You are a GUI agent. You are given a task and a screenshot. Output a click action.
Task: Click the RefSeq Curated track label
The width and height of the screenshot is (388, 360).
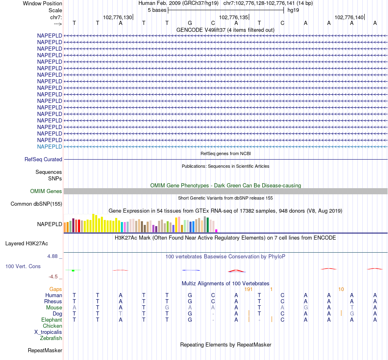43,160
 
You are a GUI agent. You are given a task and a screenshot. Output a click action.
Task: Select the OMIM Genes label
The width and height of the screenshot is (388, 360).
46,191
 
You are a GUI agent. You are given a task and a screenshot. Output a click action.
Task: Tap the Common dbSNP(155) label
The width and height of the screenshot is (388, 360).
36,204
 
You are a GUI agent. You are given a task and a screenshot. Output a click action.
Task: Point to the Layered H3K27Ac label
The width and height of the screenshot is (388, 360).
27,244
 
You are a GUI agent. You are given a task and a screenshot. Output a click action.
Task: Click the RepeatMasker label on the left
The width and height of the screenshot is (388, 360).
45,351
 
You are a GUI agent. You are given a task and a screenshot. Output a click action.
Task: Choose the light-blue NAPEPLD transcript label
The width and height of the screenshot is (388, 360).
49,147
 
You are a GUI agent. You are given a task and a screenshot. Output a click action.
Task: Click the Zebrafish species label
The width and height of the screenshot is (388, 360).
51,338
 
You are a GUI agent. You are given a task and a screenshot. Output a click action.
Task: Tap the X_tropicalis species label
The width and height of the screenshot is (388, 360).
48,332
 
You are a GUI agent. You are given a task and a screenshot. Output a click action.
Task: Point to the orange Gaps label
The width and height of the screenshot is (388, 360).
56,289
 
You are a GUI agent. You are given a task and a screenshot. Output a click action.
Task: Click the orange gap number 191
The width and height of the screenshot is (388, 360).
248,289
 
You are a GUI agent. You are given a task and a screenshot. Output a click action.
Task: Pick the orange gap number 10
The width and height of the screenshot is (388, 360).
341,289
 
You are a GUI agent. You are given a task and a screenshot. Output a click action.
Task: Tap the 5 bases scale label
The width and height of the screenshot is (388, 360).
157,10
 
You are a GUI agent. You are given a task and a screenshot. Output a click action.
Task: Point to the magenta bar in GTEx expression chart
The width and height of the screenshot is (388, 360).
216,231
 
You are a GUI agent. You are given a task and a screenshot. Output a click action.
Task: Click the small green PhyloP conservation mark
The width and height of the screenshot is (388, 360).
73,271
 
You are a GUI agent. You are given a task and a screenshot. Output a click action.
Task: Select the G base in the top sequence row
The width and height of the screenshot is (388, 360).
190,23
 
